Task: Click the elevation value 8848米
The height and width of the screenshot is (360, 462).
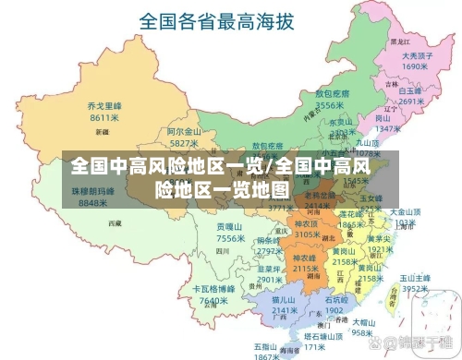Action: [94, 201]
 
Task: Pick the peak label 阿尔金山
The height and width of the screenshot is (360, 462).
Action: [185, 132]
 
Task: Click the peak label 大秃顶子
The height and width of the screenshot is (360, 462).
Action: [414, 54]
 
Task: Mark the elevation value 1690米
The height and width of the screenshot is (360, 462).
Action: [414, 66]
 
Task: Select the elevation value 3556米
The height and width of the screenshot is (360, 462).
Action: [330, 106]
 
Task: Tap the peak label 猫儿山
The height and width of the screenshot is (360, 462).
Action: [284, 299]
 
